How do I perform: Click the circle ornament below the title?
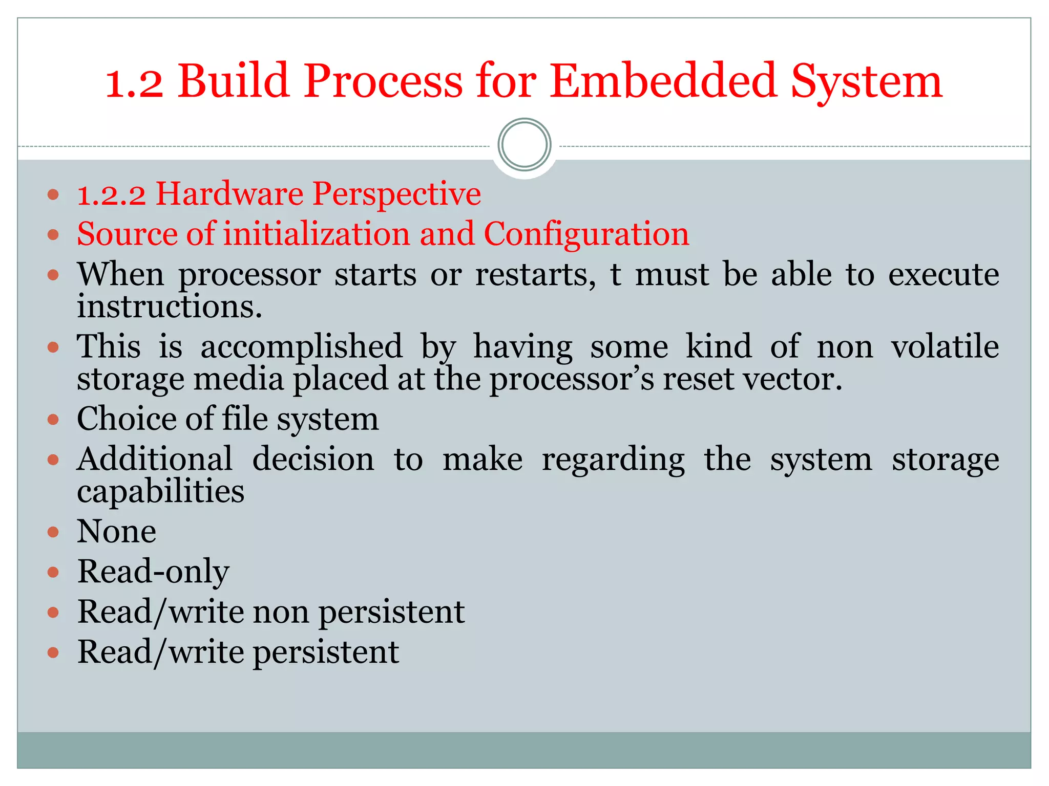coord(524,145)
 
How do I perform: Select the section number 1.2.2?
coord(111,195)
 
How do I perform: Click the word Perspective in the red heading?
coord(396,195)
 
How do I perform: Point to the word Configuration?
coord(586,235)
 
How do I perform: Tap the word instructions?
coord(169,307)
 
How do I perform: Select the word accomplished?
coord(301,347)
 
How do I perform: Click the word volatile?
coord(945,346)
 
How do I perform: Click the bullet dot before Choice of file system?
coord(53,420)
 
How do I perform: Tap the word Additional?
coord(155,459)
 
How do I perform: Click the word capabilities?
coord(160,492)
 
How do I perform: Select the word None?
coord(116,532)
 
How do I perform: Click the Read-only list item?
coord(153,572)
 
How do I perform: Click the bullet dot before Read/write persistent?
coord(53,653)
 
